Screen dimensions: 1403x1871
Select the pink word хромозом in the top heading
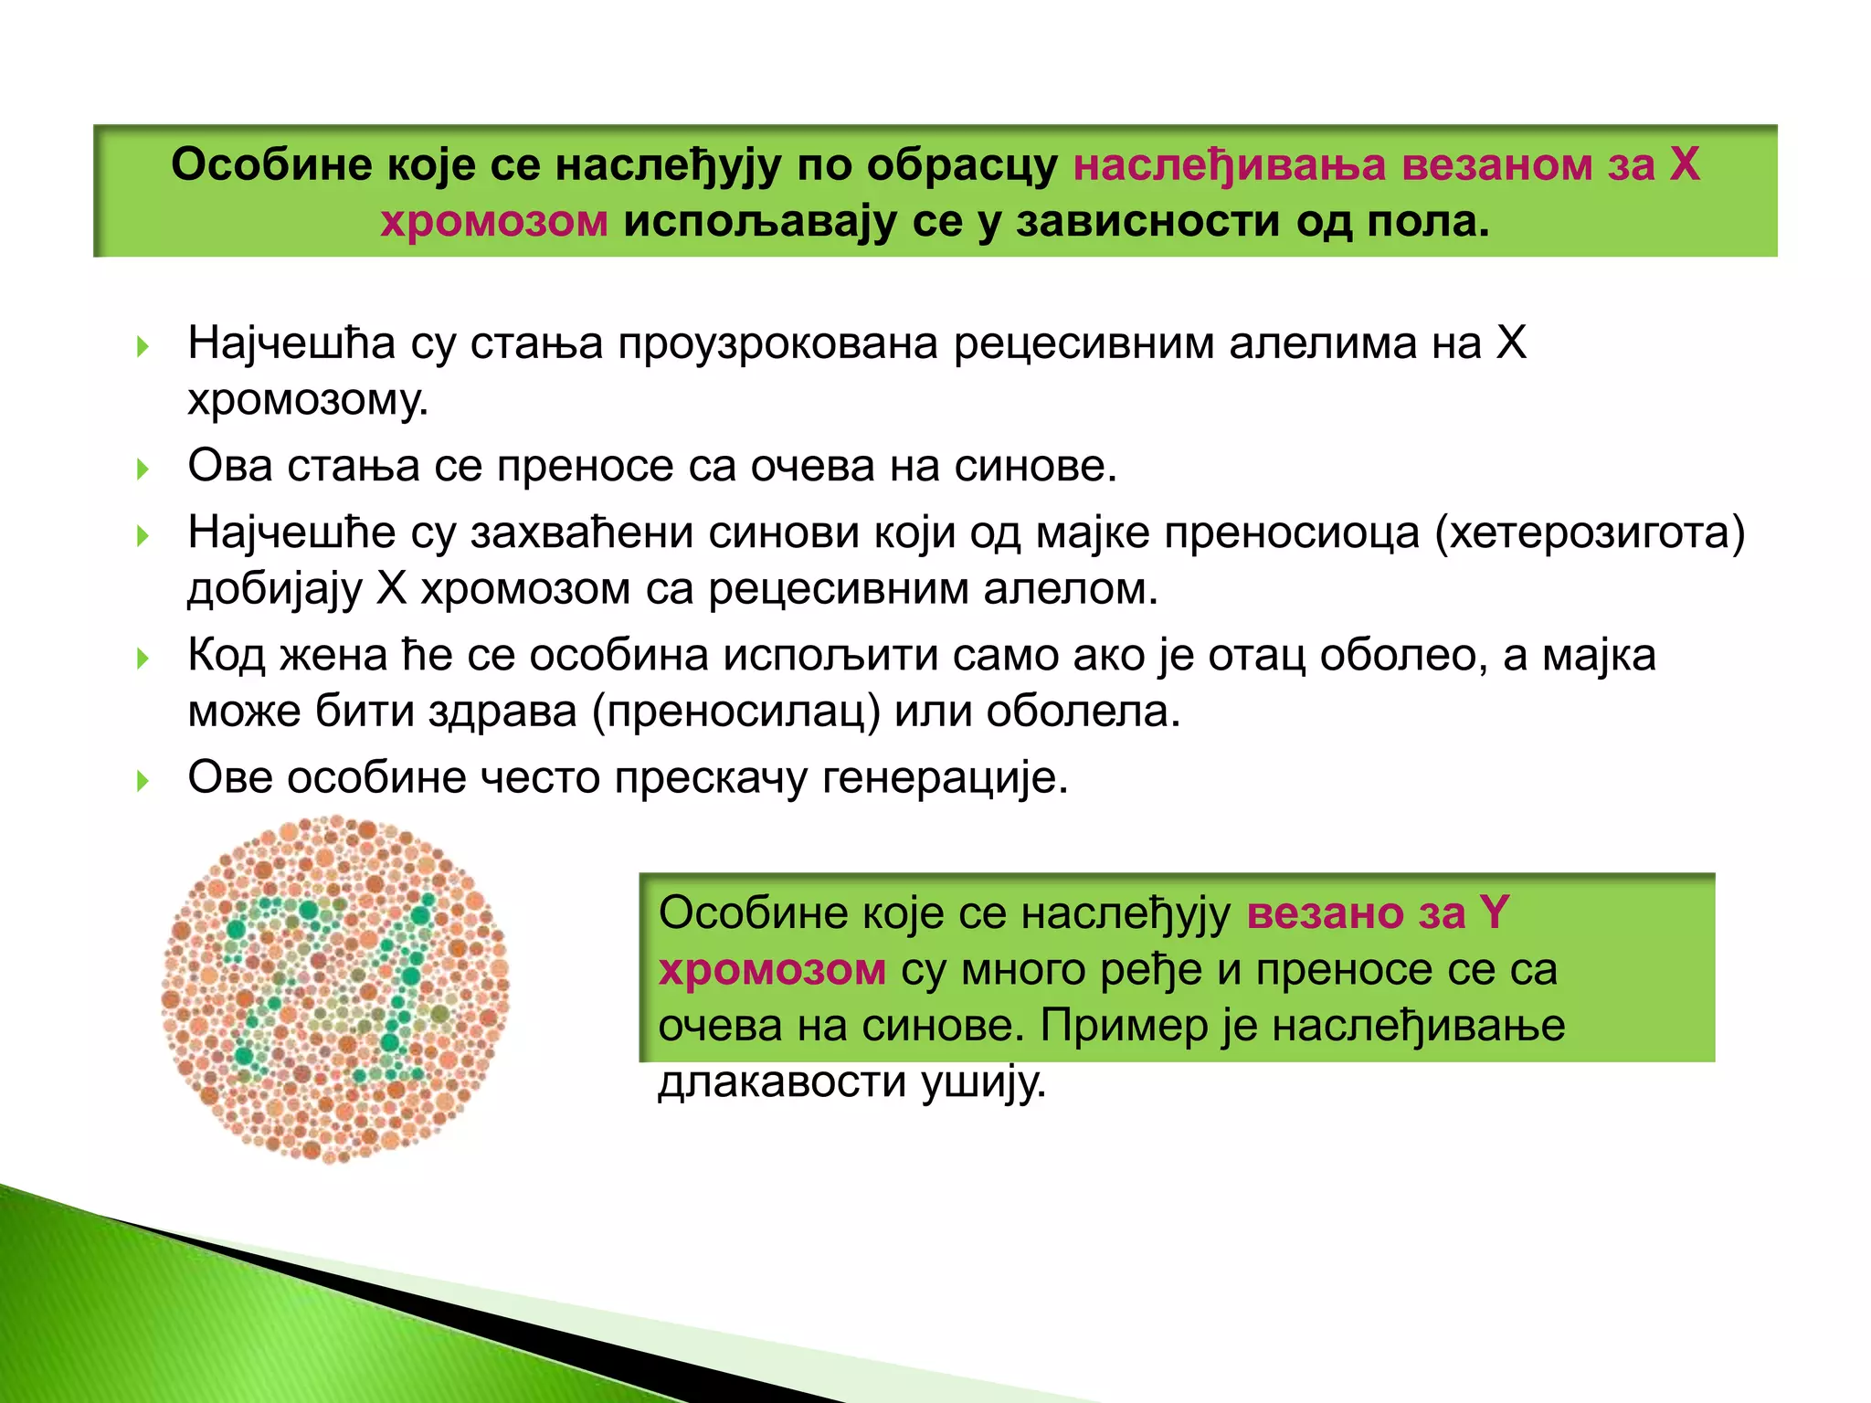coord(494,222)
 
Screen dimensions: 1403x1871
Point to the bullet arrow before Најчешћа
coord(142,346)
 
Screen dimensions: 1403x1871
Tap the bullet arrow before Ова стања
coord(142,469)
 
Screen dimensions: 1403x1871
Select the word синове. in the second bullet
coord(1036,467)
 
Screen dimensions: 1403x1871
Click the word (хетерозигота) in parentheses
coord(1590,533)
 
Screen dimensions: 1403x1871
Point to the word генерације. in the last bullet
coord(946,778)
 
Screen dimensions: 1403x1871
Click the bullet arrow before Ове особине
coord(142,781)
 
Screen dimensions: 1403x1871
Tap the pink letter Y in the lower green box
coord(1495,913)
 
